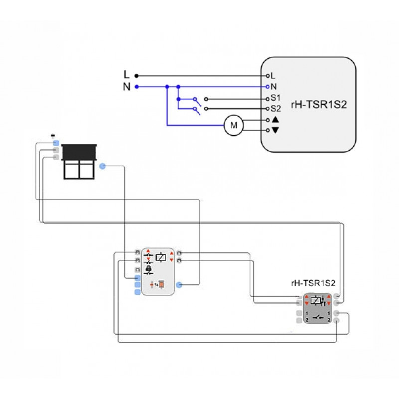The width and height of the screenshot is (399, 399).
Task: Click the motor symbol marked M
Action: coord(233,125)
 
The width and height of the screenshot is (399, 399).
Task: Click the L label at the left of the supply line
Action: coord(127,75)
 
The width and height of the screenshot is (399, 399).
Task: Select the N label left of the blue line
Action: coord(127,87)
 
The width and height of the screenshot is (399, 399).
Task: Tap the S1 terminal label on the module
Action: coord(276,98)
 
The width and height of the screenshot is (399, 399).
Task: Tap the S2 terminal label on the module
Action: coord(276,108)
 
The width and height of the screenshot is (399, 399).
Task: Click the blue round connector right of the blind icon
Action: coord(102,166)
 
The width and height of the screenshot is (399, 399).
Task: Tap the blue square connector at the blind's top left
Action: coord(56,143)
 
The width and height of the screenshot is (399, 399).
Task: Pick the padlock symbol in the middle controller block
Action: coord(148,269)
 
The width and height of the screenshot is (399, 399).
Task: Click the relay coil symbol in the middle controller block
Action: coord(161,258)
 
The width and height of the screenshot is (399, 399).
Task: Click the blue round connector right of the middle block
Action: coord(179,285)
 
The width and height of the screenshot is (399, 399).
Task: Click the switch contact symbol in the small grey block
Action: coord(317,317)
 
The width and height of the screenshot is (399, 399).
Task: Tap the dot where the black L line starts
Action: coord(136,76)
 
